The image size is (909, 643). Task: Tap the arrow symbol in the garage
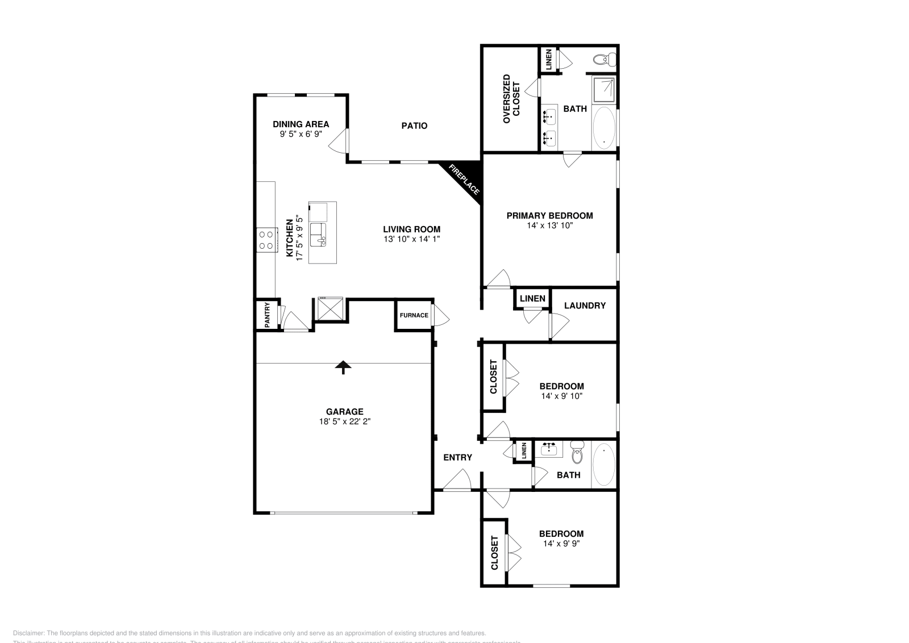point(343,367)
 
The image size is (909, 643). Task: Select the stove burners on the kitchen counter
point(265,239)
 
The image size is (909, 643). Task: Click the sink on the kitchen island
point(318,233)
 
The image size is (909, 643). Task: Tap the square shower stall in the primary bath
point(604,89)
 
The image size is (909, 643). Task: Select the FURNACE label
point(414,315)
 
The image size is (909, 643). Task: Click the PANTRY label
point(267,315)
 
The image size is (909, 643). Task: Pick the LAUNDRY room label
point(585,306)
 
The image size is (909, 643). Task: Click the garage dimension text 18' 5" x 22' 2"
point(345,421)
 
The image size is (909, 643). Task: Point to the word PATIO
point(414,126)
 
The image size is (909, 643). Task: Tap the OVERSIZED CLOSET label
point(511,99)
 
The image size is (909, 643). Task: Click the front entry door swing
point(458,481)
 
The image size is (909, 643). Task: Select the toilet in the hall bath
point(577,453)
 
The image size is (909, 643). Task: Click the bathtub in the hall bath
point(603,465)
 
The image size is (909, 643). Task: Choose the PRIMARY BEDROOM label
point(549,215)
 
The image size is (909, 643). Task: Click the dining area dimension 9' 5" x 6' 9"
point(301,134)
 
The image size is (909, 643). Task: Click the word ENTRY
point(457,457)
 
